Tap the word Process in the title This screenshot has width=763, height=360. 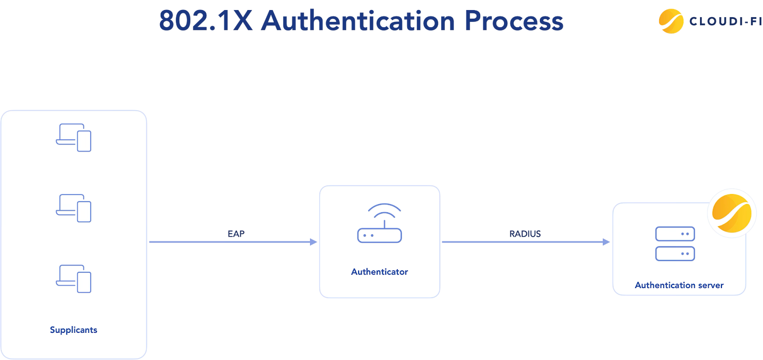pos(514,21)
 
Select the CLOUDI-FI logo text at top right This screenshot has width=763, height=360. pos(725,21)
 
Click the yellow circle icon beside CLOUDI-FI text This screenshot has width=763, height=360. pos(671,21)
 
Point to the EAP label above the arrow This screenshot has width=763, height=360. pos(236,234)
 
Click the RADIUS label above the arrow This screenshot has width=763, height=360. pos(525,234)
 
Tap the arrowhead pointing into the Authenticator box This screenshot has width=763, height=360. pos(314,242)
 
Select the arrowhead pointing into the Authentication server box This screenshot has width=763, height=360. pos(607,242)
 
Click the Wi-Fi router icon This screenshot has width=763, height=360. pos(380,235)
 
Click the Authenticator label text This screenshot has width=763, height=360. pos(380,272)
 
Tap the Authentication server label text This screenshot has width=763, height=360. pos(679,285)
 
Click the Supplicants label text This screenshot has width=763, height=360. pos(73,330)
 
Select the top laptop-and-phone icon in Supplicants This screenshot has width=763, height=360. pos(73,138)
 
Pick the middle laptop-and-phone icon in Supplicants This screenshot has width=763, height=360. pos(73,208)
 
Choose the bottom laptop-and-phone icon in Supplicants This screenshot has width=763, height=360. pos(73,278)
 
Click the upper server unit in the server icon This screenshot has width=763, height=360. pos(675,234)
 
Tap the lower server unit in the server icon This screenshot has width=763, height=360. pos(675,254)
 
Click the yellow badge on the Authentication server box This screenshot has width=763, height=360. pos(732,213)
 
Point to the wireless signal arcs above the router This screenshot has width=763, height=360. pos(384,210)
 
